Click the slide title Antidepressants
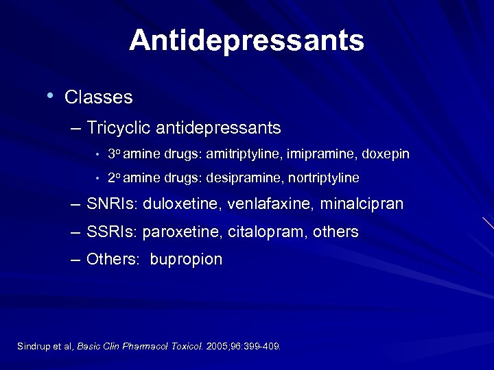tap(246, 40)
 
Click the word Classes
tap(98, 97)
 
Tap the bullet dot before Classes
tap(50, 95)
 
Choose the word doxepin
tap(385, 154)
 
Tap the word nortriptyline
tap(323, 178)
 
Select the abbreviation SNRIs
tap(112, 204)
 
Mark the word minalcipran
tap(360, 204)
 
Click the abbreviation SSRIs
tap(112, 232)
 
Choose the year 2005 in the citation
tap(218, 346)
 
